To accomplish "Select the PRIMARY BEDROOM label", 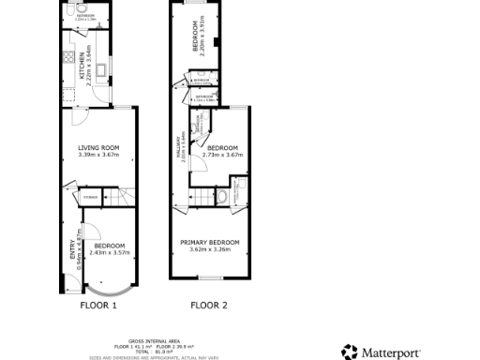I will click(x=209, y=242).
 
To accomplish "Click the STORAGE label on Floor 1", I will click(x=91, y=197).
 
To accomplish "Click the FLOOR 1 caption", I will click(x=97, y=305).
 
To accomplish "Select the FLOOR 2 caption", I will click(x=208, y=305).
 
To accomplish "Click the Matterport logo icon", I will click(x=349, y=352).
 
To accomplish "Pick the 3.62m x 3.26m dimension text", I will click(x=209, y=249).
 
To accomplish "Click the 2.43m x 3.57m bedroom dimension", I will click(x=110, y=252).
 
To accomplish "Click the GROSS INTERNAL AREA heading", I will click(x=150, y=340).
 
